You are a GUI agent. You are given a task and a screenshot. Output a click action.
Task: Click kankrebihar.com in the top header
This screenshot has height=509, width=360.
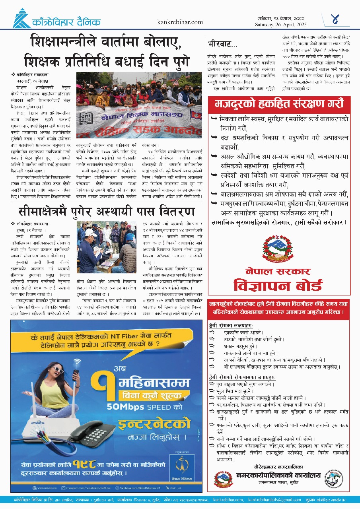tap(180, 23)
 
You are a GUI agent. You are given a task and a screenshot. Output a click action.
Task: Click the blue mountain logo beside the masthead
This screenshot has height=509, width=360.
tap(23, 18)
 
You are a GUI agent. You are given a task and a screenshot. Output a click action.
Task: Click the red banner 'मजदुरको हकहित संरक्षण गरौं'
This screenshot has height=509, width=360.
tap(279, 104)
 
